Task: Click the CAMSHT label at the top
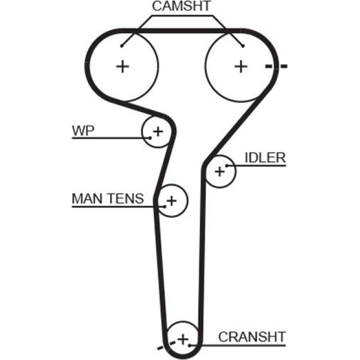click(x=181, y=6)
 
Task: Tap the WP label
click(x=83, y=131)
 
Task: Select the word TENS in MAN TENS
click(x=125, y=199)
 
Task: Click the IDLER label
click(x=265, y=158)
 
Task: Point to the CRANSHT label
click(x=252, y=337)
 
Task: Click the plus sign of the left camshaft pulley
click(x=123, y=66)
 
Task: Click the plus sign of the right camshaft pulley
click(x=241, y=66)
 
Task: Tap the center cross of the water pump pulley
click(x=158, y=132)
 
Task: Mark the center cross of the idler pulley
click(x=220, y=171)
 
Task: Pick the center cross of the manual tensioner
click(x=171, y=201)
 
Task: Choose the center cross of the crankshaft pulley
click(x=183, y=339)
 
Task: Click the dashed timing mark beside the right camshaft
click(x=276, y=66)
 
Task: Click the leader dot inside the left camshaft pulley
click(x=122, y=46)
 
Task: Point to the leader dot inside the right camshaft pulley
click(x=243, y=46)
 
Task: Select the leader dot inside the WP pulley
click(x=150, y=138)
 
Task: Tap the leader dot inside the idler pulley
click(x=227, y=166)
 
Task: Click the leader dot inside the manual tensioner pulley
click(x=165, y=207)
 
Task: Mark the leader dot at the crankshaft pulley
click(x=190, y=345)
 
